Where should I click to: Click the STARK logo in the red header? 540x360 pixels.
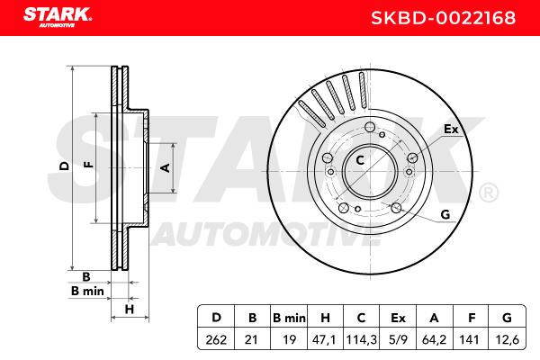click(58, 17)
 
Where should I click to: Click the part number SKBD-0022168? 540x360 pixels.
click(443, 18)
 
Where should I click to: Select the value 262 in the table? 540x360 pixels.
click(216, 340)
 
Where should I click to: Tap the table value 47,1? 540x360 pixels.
click(324, 340)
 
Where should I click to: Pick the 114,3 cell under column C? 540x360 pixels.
click(361, 340)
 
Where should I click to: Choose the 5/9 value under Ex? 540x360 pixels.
click(398, 340)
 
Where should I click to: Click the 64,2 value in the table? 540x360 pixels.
click(435, 340)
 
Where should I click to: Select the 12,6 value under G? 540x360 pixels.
click(507, 340)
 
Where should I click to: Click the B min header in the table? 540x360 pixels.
click(289, 318)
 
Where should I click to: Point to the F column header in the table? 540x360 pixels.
click(472, 318)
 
